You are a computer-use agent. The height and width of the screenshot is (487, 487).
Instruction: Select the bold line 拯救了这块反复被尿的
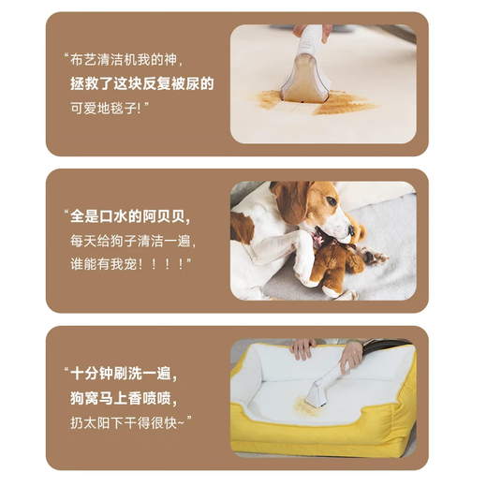[x=141, y=83]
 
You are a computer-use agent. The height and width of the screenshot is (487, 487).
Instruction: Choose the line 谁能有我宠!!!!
[x=130, y=264]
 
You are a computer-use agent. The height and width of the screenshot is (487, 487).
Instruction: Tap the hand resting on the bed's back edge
[x=302, y=348]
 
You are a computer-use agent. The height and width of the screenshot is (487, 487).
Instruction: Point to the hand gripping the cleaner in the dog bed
[x=352, y=356]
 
